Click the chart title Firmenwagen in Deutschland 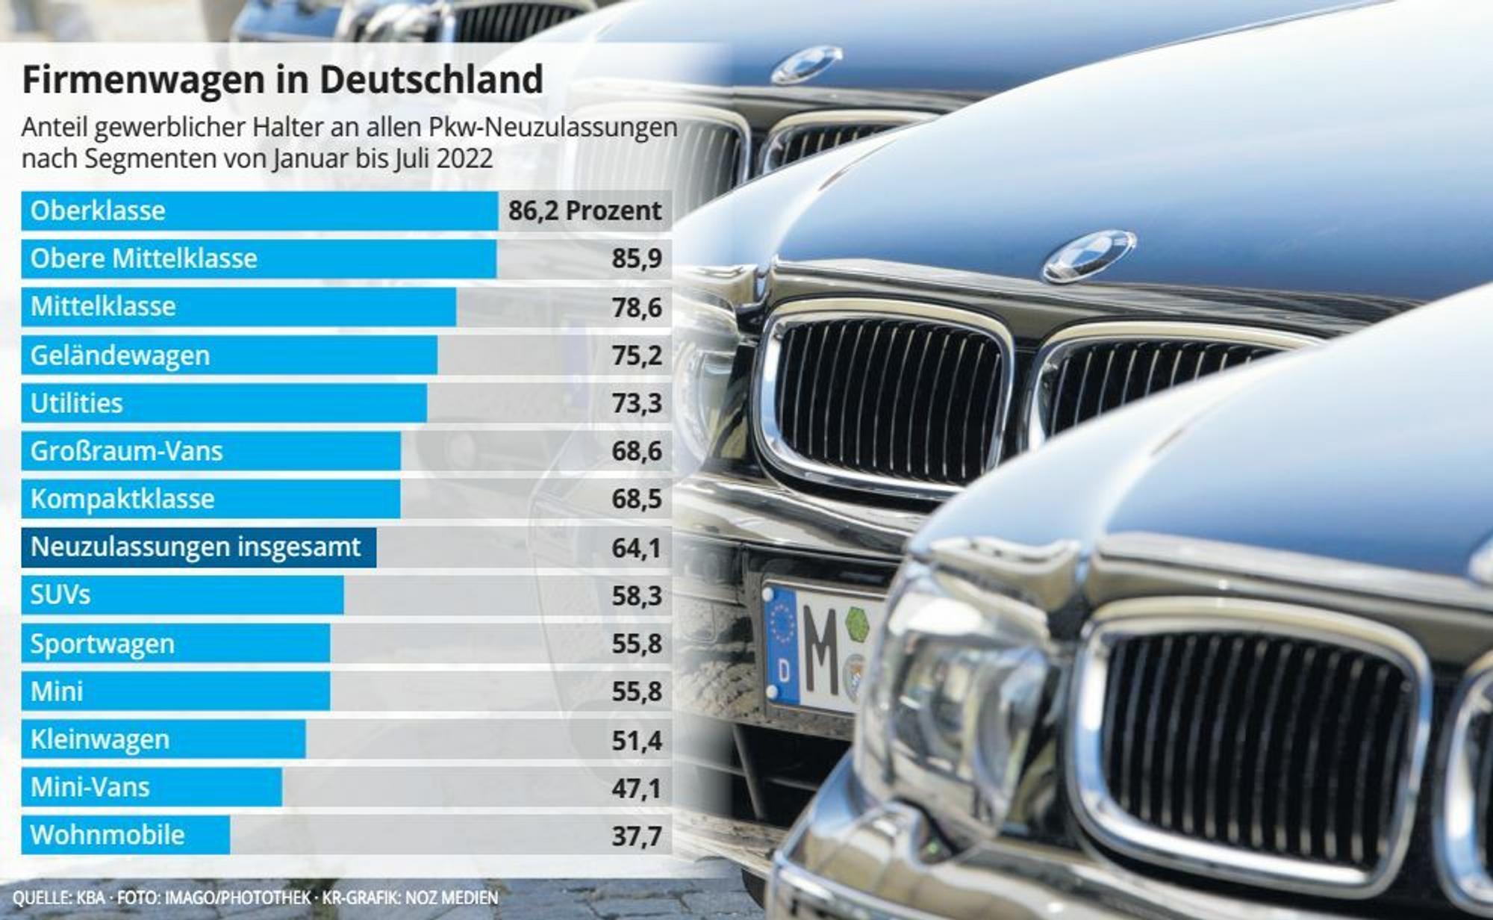(282, 80)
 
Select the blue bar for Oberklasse (260, 211)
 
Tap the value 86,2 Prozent (585, 211)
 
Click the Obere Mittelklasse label (144, 258)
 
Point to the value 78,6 (637, 307)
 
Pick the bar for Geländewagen (229, 355)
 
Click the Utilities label (76, 403)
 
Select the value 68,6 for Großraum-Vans (637, 451)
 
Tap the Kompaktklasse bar (211, 499)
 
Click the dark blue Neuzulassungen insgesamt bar (199, 547)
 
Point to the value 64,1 (637, 548)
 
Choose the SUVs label (60, 595)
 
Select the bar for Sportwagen (175, 644)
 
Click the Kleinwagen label (100, 740)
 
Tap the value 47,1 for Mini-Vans (637, 789)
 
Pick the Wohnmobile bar (125, 835)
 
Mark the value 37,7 (637, 836)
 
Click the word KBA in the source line (90, 898)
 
